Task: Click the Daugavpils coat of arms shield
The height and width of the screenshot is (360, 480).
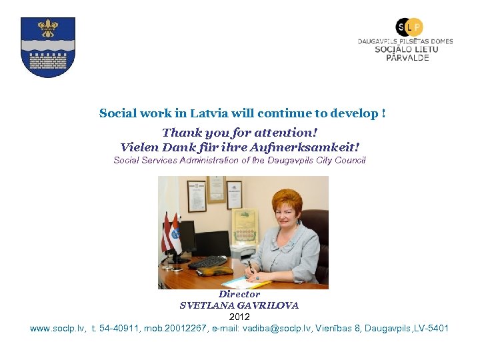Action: tap(47, 47)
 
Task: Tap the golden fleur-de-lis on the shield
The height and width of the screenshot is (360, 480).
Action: tap(47, 28)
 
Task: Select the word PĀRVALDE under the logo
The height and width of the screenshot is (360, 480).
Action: tap(407, 58)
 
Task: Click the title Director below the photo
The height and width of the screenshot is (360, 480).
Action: tap(239, 294)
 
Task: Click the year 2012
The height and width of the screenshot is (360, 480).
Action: tap(239, 317)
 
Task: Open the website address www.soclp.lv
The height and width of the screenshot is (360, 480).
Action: tap(57, 328)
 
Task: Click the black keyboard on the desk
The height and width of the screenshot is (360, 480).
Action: tap(207, 262)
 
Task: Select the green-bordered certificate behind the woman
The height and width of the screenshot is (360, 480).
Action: tap(244, 224)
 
